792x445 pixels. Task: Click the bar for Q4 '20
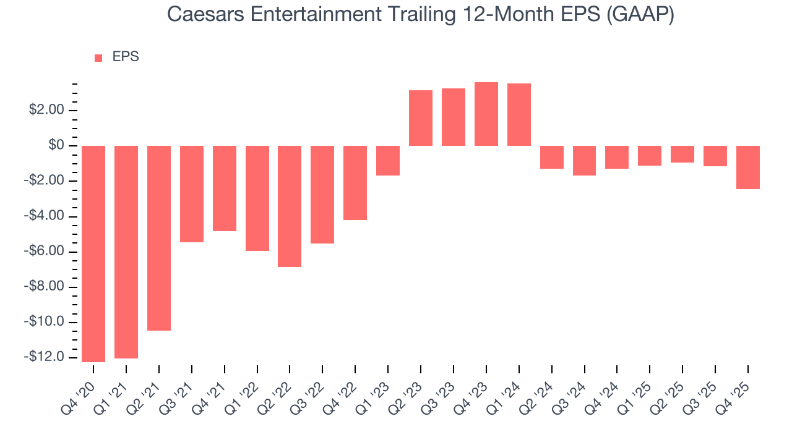tap(93, 253)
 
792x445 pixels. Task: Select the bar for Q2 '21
tap(159, 238)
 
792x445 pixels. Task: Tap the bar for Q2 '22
tap(290, 206)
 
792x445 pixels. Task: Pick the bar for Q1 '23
tap(388, 161)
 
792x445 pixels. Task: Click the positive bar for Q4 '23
tap(486, 114)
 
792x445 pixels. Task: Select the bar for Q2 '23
tap(421, 118)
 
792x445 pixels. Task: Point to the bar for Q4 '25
tap(748, 167)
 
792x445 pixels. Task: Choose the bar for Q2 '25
tap(682, 154)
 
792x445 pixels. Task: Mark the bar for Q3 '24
tap(584, 161)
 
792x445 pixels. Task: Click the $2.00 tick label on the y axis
tap(46, 111)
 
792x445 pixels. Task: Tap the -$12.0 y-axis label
tap(45, 357)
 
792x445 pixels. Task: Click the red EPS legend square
tap(98, 58)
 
